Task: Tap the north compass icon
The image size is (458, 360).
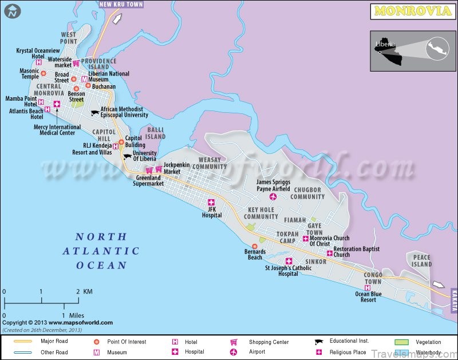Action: click(x=11, y=10)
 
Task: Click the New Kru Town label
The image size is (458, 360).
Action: click(x=121, y=4)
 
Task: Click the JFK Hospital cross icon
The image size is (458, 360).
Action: click(x=211, y=202)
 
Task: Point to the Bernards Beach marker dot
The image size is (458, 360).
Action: click(x=255, y=246)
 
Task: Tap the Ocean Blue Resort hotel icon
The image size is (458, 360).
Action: click(x=367, y=287)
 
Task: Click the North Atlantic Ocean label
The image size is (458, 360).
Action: click(x=101, y=251)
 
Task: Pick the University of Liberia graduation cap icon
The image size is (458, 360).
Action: click(x=127, y=156)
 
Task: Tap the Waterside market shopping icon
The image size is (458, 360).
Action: click(x=75, y=63)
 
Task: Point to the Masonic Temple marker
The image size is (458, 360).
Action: click(x=43, y=75)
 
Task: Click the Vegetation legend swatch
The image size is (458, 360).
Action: click(x=402, y=342)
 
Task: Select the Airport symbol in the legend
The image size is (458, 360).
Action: click(x=234, y=351)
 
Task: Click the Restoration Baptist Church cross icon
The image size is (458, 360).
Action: click(x=329, y=253)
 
